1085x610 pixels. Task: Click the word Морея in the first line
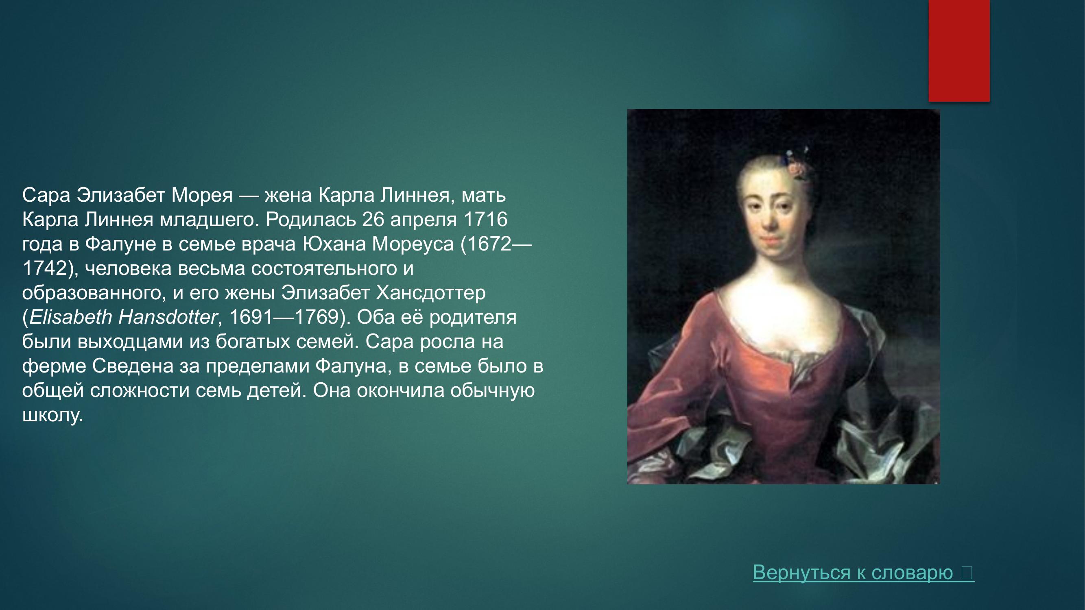(x=202, y=195)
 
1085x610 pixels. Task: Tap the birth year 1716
(x=485, y=220)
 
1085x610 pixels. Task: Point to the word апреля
(x=424, y=220)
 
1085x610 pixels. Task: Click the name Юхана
(x=334, y=244)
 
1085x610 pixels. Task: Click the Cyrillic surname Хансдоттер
(x=430, y=293)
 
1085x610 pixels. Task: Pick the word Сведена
(x=133, y=366)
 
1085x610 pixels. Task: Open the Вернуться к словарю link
(x=863, y=573)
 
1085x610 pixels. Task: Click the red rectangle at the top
(x=959, y=50)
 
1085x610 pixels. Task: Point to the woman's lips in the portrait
(x=770, y=241)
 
